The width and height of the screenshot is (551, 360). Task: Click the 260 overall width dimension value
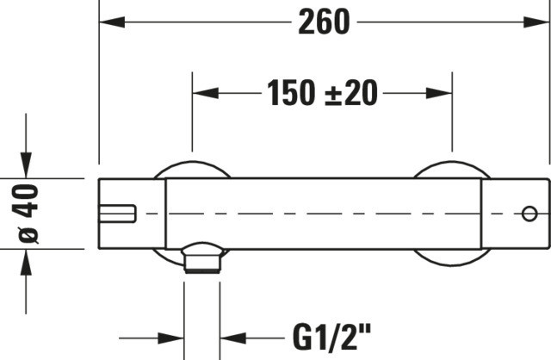pyautogui.click(x=324, y=22)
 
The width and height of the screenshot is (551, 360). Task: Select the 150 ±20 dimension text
pyautogui.click(x=322, y=93)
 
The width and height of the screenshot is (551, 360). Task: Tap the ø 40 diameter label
pyautogui.click(x=25, y=214)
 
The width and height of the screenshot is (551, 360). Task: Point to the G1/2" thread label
pyautogui.click(x=331, y=338)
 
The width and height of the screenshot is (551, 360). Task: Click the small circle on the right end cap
pyautogui.click(x=529, y=214)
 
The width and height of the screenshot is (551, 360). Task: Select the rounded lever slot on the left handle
pyautogui.click(x=117, y=214)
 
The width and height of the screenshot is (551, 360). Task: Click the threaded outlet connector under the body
pyautogui.click(x=202, y=258)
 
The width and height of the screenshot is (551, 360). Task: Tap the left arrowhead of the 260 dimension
pyautogui.click(x=112, y=22)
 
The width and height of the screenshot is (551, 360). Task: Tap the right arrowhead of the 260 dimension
pyautogui.click(x=536, y=22)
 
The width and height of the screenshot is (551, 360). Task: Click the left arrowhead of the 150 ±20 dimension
pyautogui.click(x=205, y=93)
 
